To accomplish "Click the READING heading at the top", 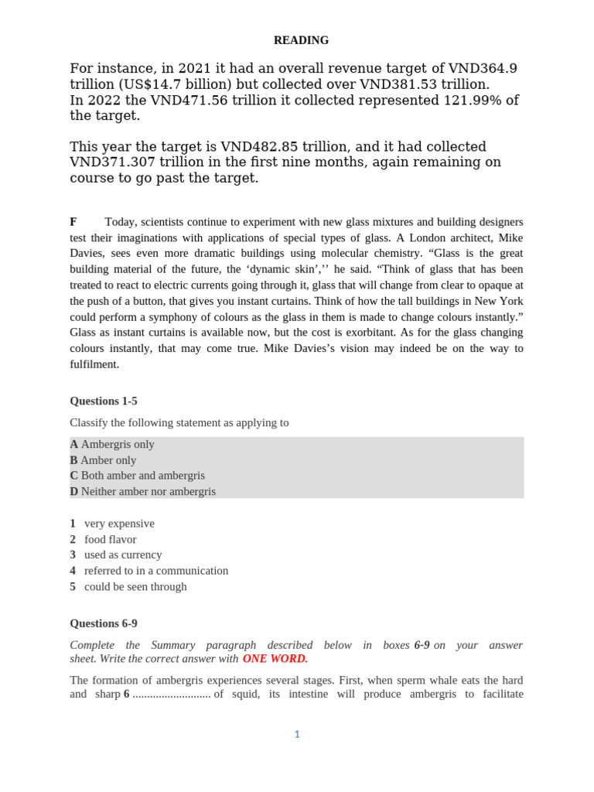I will (302, 40).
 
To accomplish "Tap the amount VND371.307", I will (114, 162).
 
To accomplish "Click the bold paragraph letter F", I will (73, 222).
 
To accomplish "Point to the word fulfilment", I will (94, 364).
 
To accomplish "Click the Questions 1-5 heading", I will (104, 401).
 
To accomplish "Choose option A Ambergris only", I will (112, 444).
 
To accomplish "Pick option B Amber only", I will (103, 460).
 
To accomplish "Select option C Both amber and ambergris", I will (137, 476).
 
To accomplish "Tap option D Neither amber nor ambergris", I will (142, 491).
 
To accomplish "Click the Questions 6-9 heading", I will (104, 623).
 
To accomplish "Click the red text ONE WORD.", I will (275, 658).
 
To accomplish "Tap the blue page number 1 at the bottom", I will (296, 734).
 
